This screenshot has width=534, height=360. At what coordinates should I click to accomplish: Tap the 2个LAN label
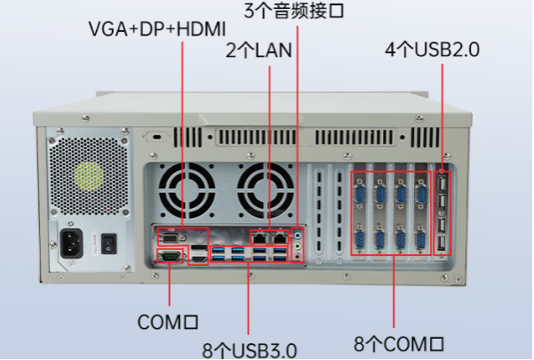(253, 50)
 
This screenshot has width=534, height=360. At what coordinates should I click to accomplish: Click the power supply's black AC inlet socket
(74, 242)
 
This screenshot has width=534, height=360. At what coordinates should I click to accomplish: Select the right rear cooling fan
(264, 190)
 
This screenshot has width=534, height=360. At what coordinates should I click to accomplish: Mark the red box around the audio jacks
(298, 245)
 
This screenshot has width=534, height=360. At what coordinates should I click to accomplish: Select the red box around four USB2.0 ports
(442, 213)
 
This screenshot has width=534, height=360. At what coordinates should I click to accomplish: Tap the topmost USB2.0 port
(442, 183)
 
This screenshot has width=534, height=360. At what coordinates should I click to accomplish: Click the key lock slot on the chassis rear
(158, 140)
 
